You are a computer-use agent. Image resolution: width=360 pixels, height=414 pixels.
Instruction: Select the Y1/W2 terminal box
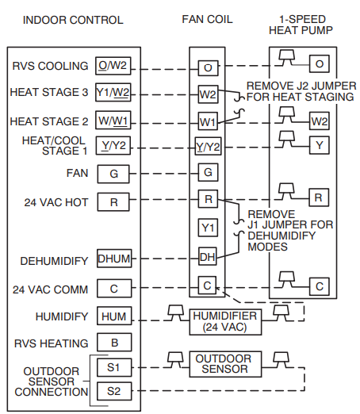coord(113,92)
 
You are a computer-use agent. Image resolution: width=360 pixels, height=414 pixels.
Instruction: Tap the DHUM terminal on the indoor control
coord(113,259)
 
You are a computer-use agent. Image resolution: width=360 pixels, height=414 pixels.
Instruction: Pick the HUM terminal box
coord(113,316)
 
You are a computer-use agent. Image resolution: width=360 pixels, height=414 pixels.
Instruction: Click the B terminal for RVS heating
coord(113,343)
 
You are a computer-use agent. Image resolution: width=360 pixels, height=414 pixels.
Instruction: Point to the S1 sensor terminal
coord(113,368)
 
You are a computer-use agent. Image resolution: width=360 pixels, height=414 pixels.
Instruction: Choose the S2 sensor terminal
coord(113,390)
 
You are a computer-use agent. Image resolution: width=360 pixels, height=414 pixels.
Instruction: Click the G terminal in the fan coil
coord(207,172)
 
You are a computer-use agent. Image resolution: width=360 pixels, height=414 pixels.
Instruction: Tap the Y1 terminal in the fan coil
coord(207,228)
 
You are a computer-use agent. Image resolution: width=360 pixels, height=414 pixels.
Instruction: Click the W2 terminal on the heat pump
coord(319,121)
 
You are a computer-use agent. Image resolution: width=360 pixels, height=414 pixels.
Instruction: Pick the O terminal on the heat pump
coord(319,63)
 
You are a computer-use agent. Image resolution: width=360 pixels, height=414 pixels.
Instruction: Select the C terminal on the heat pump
coord(319,286)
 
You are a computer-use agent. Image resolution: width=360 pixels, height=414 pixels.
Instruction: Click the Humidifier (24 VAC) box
coord(224,319)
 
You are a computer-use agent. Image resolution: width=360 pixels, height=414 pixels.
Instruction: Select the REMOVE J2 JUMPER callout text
coord(301,91)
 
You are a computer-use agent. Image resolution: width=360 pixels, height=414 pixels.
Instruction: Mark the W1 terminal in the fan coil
coord(207,123)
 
